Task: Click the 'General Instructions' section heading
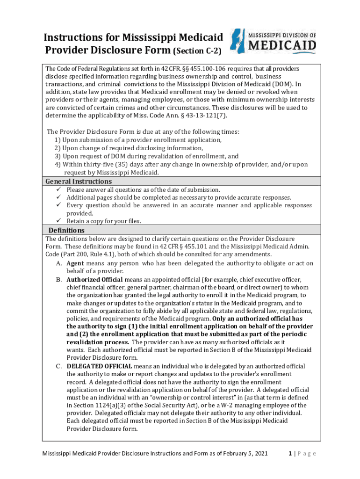point(78,181)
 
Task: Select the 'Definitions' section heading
point(66,231)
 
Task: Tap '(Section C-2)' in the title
point(197,51)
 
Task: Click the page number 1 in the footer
point(290,453)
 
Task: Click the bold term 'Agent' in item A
point(75,263)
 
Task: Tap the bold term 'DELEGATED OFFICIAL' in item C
point(99,366)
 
